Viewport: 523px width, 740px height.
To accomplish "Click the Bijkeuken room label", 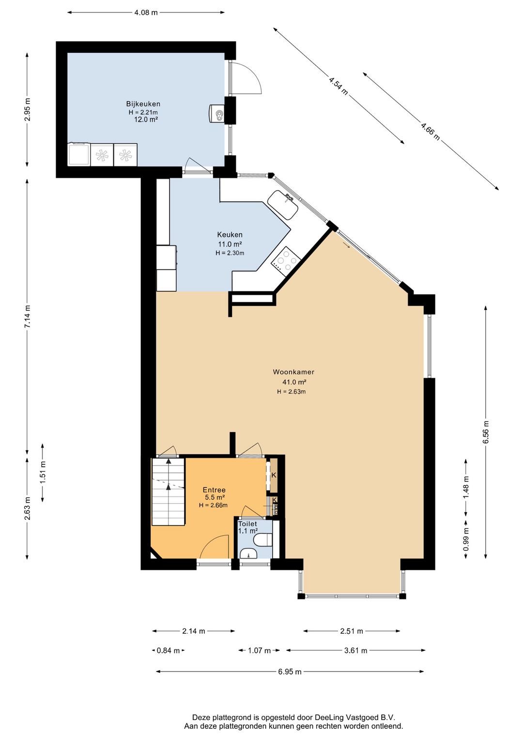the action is (143, 104).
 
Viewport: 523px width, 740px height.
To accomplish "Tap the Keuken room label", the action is (230, 235).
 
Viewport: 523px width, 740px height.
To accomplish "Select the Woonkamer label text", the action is (293, 372).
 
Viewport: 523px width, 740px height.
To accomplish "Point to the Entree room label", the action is (214, 490).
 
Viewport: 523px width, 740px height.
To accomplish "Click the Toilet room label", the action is (247, 524).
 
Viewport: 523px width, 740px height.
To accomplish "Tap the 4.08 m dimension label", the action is (146, 13).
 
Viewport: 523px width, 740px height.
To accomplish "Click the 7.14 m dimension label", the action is (28, 316).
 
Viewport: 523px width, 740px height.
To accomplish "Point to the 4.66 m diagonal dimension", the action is (431, 131).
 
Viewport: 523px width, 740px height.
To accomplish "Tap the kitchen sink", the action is (283, 205).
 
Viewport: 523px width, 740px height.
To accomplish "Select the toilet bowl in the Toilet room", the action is (263, 541).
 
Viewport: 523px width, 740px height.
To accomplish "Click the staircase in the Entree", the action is (168, 491).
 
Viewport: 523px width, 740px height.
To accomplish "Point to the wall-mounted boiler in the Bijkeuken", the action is (217, 113).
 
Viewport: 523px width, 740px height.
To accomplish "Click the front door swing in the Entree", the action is (215, 547).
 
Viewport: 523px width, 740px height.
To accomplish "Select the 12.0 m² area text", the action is (145, 120).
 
